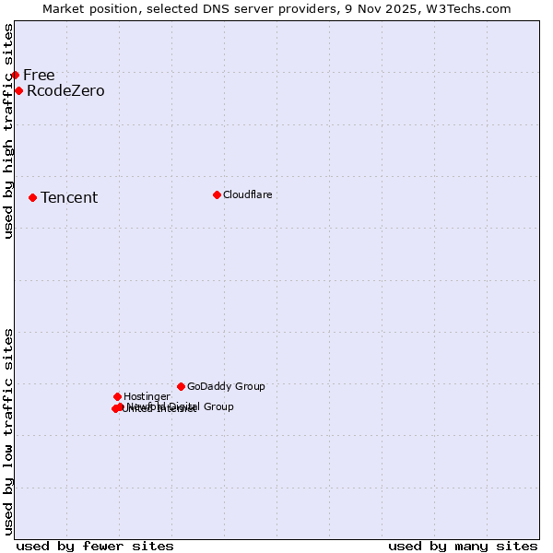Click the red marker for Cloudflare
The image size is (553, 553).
click(x=217, y=194)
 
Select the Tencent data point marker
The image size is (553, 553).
click(x=32, y=197)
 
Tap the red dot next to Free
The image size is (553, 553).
click(x=15, y=75)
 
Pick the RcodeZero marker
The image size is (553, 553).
click(x=18, y=90)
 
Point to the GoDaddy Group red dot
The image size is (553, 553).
click(x=181, y=386)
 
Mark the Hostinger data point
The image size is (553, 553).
click(x=117, y=396)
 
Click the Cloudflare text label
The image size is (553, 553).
click(x=247, y=194)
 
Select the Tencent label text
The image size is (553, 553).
click(x=69, y=197)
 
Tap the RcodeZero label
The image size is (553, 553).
click(x=65, y=90)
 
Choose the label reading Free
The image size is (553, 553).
click(x=39, y=75)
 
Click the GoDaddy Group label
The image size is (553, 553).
click(x=226, y=386)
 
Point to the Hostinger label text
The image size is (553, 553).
click(x=147, y=396)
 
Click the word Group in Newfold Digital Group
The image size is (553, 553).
click(x=218, y=406)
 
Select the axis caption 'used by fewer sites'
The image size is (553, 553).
click(x=95, y=546)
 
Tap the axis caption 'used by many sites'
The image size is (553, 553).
click(x=463, y=546)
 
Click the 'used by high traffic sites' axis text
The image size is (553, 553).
click(x=8, y=131)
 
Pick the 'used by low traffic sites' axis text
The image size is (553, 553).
click(x=8, y=431)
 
